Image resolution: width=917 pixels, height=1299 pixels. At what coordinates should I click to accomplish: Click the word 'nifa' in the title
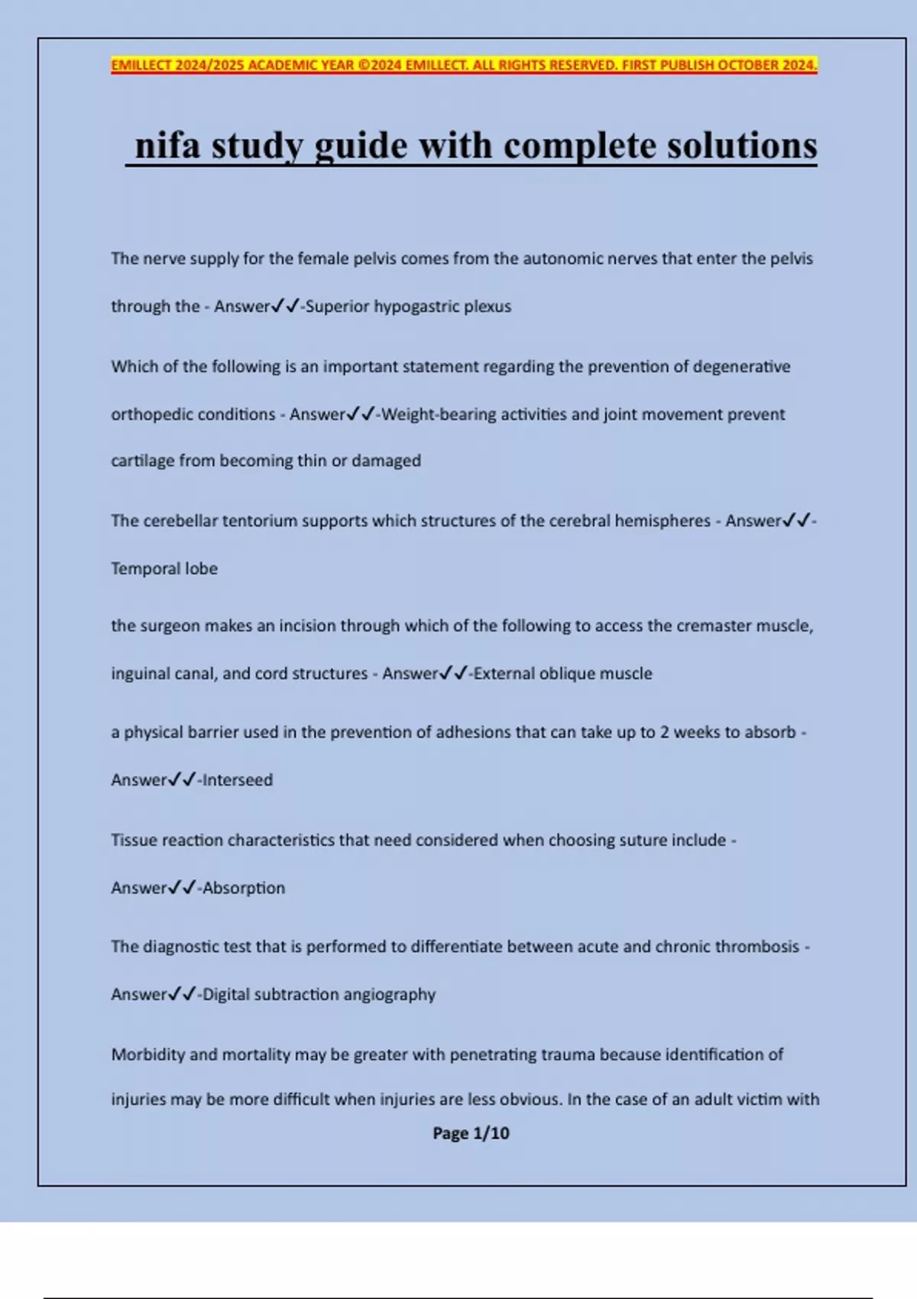tap(167, 145)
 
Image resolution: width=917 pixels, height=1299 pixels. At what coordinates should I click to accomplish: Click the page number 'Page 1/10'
tap(471, 1133)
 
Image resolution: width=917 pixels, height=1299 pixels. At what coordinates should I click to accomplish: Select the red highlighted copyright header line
tap(464, 65)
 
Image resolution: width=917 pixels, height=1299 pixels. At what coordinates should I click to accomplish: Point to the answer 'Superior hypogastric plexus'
tap(408, 306)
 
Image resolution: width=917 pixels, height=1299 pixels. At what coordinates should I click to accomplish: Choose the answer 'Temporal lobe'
tap(164, 569)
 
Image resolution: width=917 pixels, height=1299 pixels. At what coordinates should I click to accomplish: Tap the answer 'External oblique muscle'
tap(562, 673)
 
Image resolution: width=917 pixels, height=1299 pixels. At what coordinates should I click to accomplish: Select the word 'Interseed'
tap(237, 780)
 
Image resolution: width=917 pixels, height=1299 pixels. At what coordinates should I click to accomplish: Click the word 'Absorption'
tap(243, 888)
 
